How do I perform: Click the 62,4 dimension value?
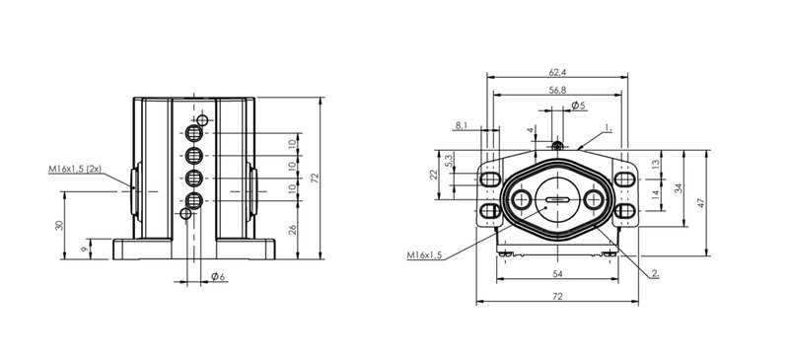click(557, 73)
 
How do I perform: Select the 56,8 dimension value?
click(557, 90)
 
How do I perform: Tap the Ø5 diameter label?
click(578, 106)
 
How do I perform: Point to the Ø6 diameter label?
click(218, 276)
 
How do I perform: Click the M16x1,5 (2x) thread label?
click(75, 170)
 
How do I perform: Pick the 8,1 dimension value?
click(462, 125)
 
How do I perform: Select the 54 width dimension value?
click(557, 273)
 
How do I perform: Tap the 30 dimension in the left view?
click(60, 225)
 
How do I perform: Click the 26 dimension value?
click(293, 229)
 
